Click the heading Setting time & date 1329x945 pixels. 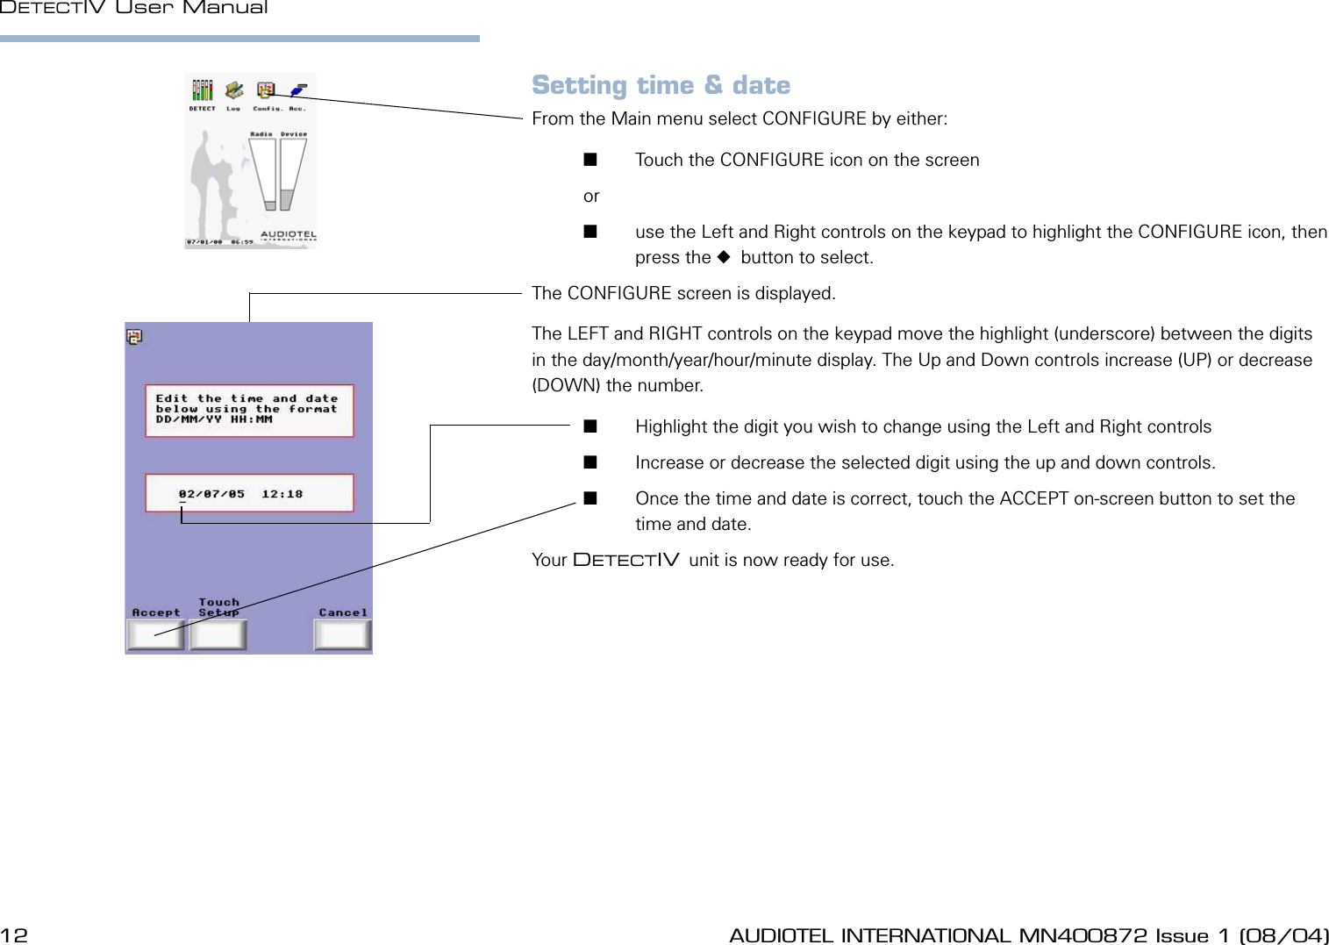pos(661,85)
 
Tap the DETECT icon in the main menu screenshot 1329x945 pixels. pos(203,91)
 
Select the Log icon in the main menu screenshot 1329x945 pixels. pos(233,91)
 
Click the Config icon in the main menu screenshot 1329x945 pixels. pos(266,91)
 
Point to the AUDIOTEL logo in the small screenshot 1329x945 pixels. pos(288,235)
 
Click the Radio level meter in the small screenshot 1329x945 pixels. pos(262,173)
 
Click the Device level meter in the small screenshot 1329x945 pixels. pos(292,173)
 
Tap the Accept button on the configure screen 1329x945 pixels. pos(155,634)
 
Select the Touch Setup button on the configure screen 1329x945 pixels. pos(218,634)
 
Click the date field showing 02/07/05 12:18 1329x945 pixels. pos(249,493)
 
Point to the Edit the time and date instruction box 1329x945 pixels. pos(249,410)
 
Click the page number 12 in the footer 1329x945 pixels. pos(14,935)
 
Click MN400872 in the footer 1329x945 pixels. pos(1082,935)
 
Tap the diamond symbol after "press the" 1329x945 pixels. pos(724,257)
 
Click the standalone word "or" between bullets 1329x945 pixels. pos(591,196)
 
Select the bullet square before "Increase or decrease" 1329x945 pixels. pos(590,462)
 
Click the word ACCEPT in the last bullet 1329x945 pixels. pos(1033,498)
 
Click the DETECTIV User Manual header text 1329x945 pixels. pos(134,8)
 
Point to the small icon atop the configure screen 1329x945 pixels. pos(134,337)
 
